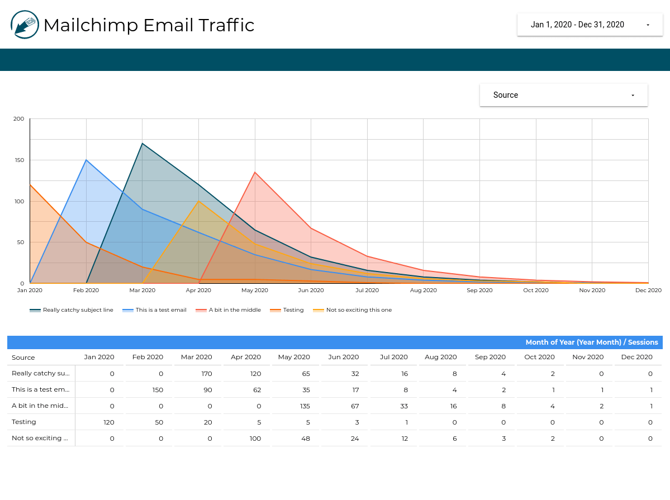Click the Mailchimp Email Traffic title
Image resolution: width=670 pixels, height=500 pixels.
pyautogui.click(x=149, y=25)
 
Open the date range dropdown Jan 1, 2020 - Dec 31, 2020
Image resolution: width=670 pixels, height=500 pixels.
pyautogui.click(x=590, y=25)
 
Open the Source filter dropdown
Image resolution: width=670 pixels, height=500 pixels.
pyautogui.click(x=563, y=95)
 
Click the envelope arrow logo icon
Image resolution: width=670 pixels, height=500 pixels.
pyautogui.click(x=25, y=25)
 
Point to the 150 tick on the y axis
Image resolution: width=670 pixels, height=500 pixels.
pyautogui.click(x=19, y=160)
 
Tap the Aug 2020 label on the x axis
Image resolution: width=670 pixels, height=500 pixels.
pyautogui.click(x=424, y=291)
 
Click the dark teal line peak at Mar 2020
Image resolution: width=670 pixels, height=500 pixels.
pyautogui.click(x=142, y=144)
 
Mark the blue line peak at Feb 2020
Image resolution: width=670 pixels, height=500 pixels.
pyautogui.click(x=86, y=160)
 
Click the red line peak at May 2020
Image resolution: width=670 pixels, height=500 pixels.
pyautogui.click(x=255, y=172)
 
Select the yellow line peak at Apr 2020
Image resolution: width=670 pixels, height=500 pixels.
pyautogui.click(x=199, y=201)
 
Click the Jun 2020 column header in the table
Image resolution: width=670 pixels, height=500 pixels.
pyautogui.click(x=344, y=358)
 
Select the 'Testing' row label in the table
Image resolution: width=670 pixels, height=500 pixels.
pyautogui.click(x=24, y=422)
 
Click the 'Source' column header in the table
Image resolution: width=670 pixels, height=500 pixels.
pyautogui.click(x=23, y=358)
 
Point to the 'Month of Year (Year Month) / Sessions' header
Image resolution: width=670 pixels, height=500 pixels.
pyautogui.click(x=591, y=342)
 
